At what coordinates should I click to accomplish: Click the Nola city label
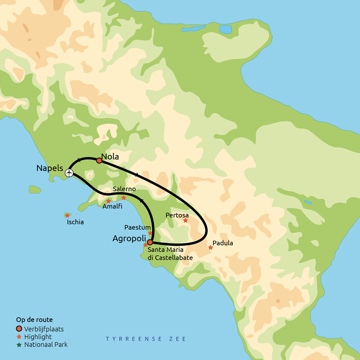tap(110, 157)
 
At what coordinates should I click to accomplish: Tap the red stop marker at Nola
tap(99, 161)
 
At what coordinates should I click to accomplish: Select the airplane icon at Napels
tap(69, 172)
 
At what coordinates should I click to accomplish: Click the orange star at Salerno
tap(124, 198)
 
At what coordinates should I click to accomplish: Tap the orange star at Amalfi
tap(108, 201)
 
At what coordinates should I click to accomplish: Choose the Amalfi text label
tap(112, 207)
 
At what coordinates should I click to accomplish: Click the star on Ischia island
tap(67, 216)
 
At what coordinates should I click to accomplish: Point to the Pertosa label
tap(176, 215)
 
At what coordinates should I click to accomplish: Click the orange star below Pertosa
tap(185, 220)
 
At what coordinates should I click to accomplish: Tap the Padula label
tap(223, 243)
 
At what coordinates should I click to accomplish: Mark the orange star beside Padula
tap(211, 247)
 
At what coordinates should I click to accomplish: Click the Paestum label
tap(137, 227)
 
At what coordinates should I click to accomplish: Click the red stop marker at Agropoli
tap(150, 242)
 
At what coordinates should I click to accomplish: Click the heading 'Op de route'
tap(34, 319)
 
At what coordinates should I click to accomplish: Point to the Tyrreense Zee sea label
tap(146, 339)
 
